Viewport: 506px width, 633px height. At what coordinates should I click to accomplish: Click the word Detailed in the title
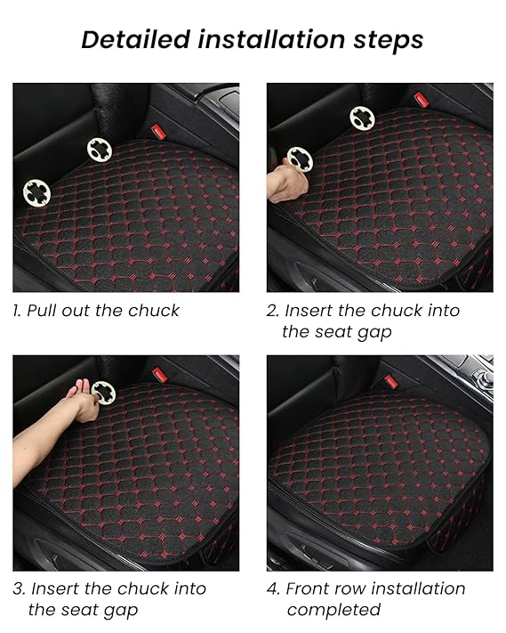(x=135, y=40)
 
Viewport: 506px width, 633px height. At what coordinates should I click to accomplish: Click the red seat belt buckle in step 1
(x=157, y=132)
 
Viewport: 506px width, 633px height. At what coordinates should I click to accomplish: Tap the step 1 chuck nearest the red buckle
(x=100, y=150)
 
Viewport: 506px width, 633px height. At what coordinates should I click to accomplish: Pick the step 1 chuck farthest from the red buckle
(x=36, y=192)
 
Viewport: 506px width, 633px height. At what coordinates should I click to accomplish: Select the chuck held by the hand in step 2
(x=300, y=159)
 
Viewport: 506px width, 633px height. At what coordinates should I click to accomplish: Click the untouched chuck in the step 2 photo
(x=362, y=118)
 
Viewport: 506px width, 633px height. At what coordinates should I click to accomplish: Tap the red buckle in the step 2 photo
(x=421, y=100)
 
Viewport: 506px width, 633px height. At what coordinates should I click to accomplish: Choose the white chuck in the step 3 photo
(x=103, y=393)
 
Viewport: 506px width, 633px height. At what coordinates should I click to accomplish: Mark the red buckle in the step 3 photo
(x=160, y=375)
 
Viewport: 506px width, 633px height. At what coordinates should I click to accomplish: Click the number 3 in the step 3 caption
(x=18, y=588)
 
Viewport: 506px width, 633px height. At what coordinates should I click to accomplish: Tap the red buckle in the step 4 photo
(x=390, y=382)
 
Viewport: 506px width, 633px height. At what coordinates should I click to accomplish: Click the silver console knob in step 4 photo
(x=484, y=378)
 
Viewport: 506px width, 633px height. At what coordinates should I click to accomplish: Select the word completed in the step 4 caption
(x=333, y=610)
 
